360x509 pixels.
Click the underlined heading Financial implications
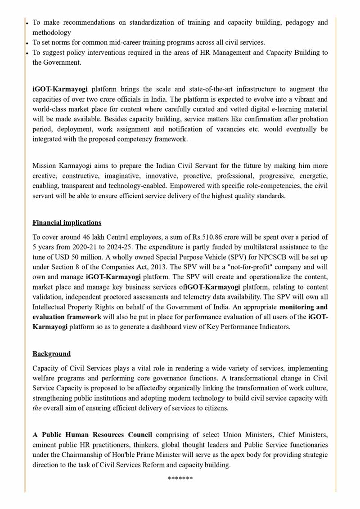pos(67,223)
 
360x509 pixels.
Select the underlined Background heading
pos(51,354)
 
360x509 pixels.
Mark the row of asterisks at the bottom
pos(180,478)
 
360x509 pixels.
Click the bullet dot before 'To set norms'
pos(27,43)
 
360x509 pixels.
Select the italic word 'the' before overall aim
pos(37,408)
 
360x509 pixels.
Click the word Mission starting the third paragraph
pos(46,166)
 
